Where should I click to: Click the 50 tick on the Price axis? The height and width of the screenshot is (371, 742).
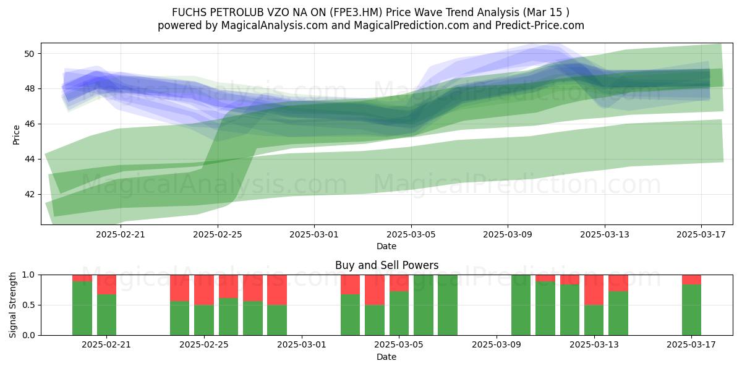pos(29,54)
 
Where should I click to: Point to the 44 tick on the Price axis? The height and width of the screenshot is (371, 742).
pos(29,160)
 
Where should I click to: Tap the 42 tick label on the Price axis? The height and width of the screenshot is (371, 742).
pos(29,194)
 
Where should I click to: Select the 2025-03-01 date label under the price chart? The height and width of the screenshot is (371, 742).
pos(314,234)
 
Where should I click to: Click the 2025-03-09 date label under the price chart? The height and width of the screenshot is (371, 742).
pos(508,234)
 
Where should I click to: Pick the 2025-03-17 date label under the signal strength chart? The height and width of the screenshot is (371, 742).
pos(691,345)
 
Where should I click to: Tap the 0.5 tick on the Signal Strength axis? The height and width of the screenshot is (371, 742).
pos(28,305)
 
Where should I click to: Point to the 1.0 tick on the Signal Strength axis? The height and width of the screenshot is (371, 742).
pos(28,275)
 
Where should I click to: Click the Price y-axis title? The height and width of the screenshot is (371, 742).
pos(16,135)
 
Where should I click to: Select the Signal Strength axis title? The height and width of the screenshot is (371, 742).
pos(12,305)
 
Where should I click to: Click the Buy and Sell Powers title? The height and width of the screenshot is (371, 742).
pos(386,265)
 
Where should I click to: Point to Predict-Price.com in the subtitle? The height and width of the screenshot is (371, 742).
pos(540,25)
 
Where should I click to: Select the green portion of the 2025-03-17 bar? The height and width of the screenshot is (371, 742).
pos(691,310)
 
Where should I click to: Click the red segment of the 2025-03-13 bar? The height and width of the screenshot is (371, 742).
pos(594,290)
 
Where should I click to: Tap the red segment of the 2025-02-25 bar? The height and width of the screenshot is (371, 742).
pos(204,290)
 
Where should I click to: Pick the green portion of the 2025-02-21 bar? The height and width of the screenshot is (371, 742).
pos(106,315)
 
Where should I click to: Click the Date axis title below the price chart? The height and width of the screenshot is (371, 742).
pos(386,247)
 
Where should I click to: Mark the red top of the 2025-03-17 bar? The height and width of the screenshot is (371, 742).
pos(691,279)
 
